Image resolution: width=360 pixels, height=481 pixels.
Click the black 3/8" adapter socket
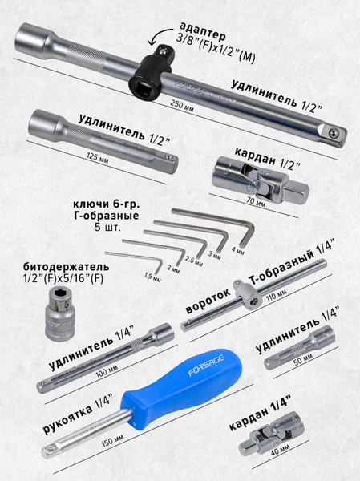(151, 72)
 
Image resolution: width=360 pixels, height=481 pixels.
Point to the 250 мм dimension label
(182, 106)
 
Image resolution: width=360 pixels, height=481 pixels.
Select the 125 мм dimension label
(97, 158)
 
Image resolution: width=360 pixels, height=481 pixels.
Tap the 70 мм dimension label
(256, 201)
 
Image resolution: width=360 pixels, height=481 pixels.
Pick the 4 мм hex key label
(238, 250)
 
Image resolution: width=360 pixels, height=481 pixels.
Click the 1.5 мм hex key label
(152, 277)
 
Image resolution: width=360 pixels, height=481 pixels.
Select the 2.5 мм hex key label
(194, 261)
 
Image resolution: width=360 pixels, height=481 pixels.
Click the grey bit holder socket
(60, 313)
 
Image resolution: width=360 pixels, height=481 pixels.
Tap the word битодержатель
(66, 266)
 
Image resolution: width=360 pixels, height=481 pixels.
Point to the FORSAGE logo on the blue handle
(206, 366)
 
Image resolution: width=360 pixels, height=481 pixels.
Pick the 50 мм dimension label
(303, 359)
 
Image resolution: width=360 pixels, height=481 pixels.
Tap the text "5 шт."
(107, 228)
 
